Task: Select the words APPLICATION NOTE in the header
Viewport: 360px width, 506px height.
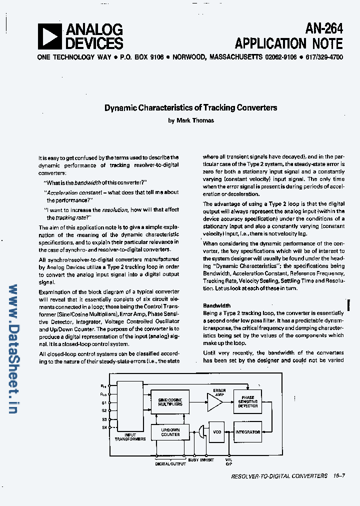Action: click(x=289, y=43)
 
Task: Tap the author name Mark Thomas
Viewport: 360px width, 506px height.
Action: click(x=195, y=120)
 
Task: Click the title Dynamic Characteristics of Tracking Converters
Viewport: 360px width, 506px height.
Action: click(x=190, y=107)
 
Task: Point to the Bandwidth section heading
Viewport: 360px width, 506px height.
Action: click(x=216, y=305)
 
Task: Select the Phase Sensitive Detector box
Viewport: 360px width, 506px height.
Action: click(x=248, y=402)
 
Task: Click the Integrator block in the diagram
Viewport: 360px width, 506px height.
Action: click(x=247, y=432)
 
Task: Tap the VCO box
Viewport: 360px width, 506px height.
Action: click(x=217, y=432)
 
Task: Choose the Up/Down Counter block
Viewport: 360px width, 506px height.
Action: click(x=170, y=432)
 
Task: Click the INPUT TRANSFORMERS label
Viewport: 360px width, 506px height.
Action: click(x=130, y=437)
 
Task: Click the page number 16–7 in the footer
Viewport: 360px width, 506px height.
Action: click(x=338, y=476)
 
